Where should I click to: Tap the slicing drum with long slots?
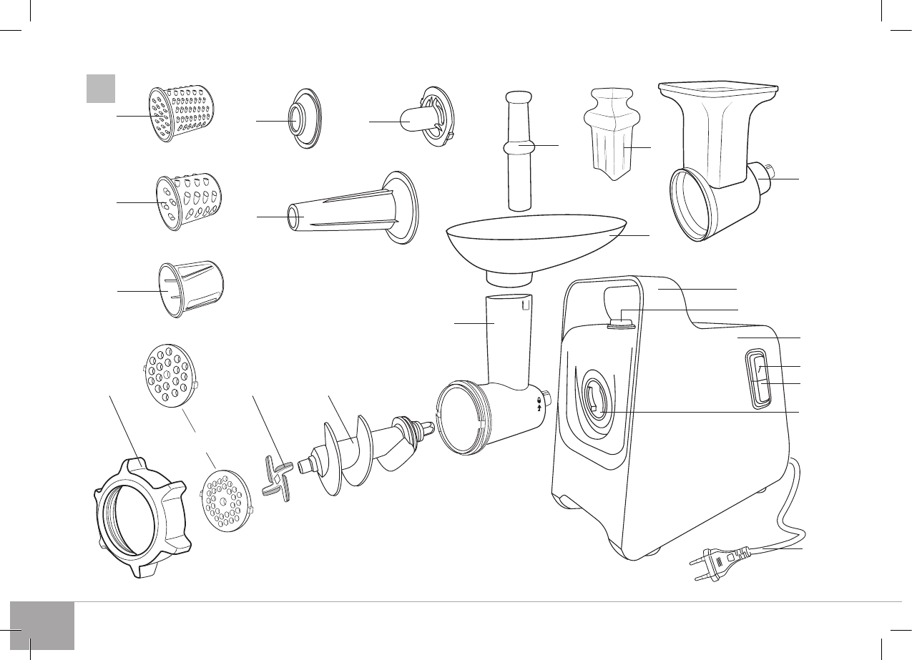pos(189,285)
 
